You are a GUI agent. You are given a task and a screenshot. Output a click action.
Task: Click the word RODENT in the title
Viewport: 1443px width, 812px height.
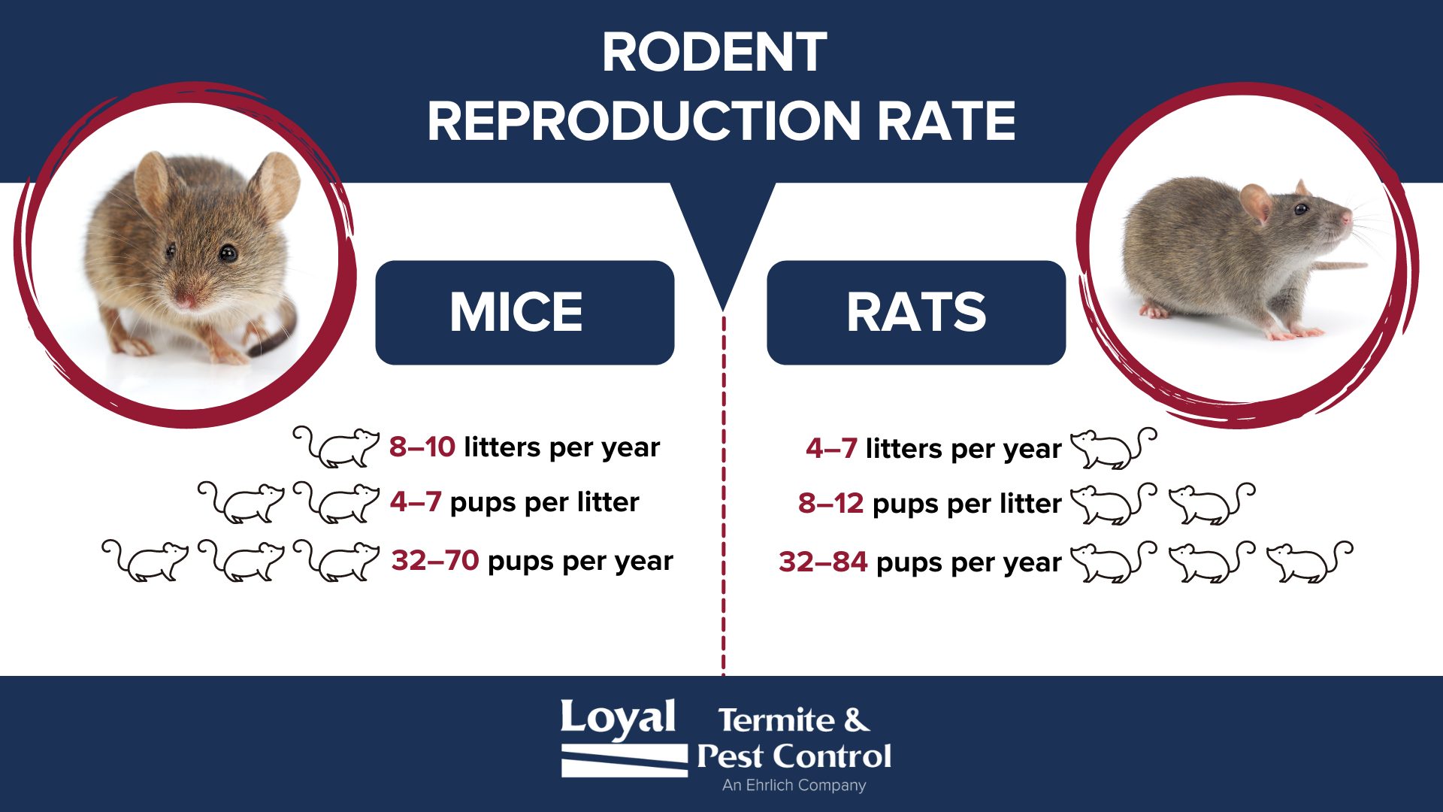(714, 53)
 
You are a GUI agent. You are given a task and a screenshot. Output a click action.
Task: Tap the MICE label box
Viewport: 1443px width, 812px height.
(525, 313)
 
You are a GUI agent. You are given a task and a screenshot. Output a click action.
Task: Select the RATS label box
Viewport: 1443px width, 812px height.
(916, 313)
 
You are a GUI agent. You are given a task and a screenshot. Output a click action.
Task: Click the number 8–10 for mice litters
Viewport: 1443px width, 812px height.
(422, 447)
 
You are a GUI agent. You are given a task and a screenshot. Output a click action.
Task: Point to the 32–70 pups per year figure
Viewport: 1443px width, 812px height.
(435, 560)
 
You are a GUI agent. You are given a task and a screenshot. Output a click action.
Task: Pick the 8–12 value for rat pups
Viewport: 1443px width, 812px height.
(830, 503)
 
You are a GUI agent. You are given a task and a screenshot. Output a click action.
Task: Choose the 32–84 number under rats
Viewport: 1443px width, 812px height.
(823, 562)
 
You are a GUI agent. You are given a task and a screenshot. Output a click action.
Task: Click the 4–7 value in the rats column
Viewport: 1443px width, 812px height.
(831, 448)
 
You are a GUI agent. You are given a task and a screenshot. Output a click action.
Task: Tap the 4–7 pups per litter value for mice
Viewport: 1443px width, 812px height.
(416, 501)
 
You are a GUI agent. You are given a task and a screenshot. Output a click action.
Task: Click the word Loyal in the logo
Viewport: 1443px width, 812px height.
(618, 718)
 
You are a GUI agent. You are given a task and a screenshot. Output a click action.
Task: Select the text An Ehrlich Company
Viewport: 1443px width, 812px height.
(794, 785)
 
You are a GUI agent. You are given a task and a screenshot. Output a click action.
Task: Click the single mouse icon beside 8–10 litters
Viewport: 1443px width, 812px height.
(336, 447)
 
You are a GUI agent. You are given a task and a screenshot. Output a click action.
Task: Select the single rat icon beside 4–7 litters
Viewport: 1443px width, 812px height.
(1114, 448)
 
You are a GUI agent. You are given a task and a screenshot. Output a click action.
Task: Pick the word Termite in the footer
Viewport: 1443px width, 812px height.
(776, 720)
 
